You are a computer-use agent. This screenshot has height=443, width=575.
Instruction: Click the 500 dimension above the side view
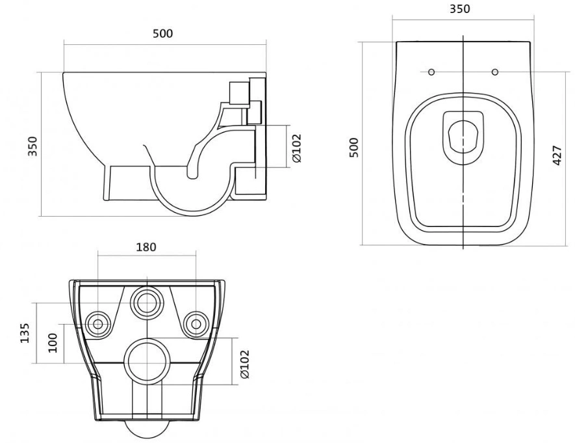(x=162, y=33)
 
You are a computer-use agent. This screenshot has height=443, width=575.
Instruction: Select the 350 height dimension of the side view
(x=32, y=146)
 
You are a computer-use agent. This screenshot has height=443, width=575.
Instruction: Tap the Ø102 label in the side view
(x=296, y=148)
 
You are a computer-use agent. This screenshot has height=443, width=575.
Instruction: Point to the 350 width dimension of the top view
(x=460, y=8)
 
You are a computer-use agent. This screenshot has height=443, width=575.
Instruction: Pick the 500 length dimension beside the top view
(x=354, y=148)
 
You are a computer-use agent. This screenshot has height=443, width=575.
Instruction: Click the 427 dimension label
(x=557, y=155)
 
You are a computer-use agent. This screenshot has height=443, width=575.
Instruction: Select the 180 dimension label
(x=146, y=247)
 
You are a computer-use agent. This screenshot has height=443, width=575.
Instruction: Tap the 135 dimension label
(x=24, y=333)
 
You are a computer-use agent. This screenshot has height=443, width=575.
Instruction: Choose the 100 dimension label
(x=53, y=343)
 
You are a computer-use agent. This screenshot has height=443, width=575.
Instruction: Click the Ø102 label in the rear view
(x=244, y=364)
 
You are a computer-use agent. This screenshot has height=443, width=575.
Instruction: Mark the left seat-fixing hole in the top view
(x=431, y=72)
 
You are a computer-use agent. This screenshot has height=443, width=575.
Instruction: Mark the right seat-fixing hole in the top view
(x=495, y=72)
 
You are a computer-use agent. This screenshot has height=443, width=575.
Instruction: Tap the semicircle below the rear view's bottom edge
(x=147, y=438)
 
